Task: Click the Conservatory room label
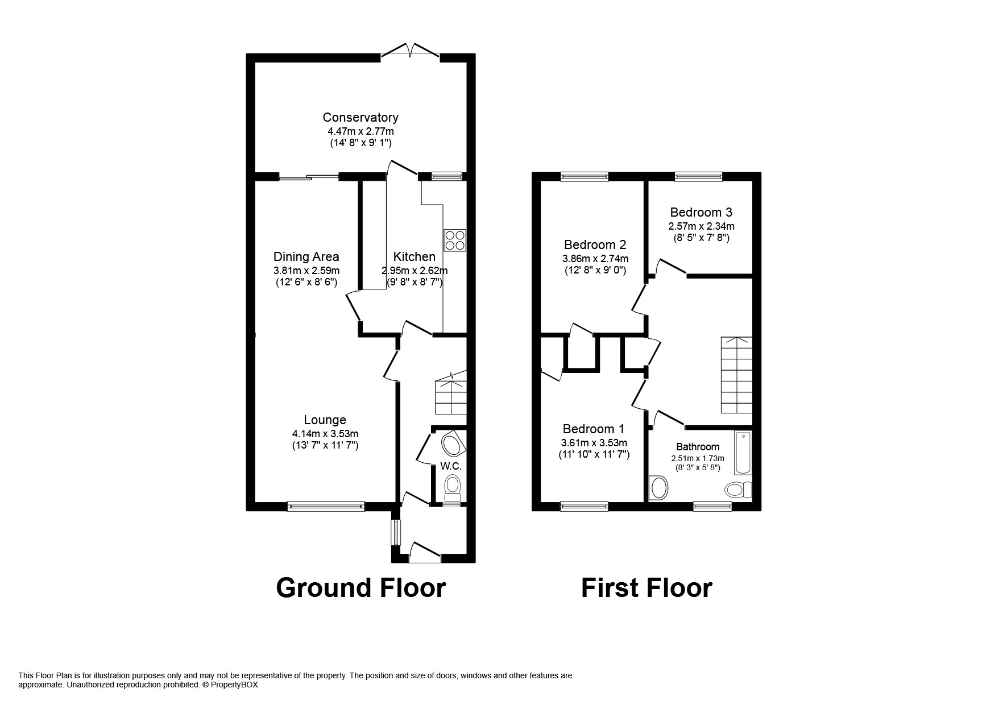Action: pyautogui.click(x=360, y=118)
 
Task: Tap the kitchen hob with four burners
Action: pyautogui.click(x=455, y=240)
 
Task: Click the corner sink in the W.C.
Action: pyautogui.click(x=454, y=445)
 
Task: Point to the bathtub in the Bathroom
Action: pyautogui.click(x=743, y=453)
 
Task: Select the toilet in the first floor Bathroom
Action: pyautogui.click(x=738, y=490)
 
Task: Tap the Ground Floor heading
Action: pyautogui.click(x=360, y=587)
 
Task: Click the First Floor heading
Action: pyautogui.click(x=647, y=587)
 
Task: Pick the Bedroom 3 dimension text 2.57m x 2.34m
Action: pyautogui.click(x=701, y=226)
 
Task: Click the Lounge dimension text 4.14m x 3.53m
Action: pyautogui.click(x=325, y=434)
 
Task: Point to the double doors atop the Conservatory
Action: pyautogui.click(x=411, y=51)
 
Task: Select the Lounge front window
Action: pyautogui.click(x=326, y=505)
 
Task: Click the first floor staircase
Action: pyautogui.click(x=736, y=375)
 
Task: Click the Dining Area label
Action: pyautogui.click(x=306, y=256)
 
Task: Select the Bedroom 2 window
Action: pyautogui.click(x=584, y=177)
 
